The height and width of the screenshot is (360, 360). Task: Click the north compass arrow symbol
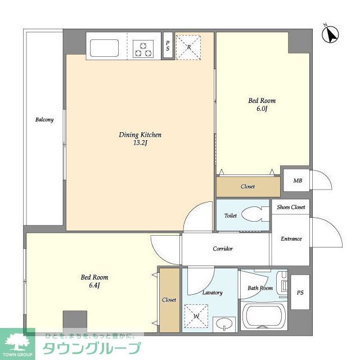(331, 34)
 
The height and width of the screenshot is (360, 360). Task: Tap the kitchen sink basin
(104, 48)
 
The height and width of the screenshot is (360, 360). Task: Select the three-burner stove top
(143, 49)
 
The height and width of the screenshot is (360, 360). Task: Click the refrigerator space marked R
(188, 47)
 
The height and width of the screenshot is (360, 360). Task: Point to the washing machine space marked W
(196, 316)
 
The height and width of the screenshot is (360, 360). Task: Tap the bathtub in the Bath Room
(264, 316)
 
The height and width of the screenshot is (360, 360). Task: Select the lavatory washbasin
(224, 324)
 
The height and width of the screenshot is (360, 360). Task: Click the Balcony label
(44, 120)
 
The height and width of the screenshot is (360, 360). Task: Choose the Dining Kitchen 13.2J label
(140, 139)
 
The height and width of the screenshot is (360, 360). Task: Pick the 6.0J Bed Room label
(262, 105)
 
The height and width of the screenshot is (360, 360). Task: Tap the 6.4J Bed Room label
(94, 281)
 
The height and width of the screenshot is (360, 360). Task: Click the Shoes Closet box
(291, 207)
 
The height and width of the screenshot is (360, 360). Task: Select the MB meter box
(296, 180)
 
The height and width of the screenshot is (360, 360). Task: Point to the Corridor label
(223, 249)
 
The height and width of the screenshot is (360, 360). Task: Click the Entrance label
(291, 238)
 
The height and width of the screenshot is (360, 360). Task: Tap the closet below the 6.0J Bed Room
(248, 186)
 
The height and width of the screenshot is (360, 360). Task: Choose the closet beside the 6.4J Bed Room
(169, 300)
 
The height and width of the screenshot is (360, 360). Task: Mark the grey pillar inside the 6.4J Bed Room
(75, 320)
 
